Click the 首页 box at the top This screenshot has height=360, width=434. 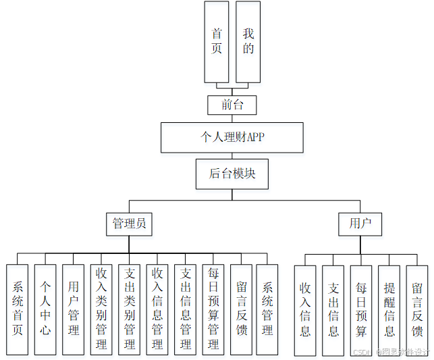pyautogui.click(x=217, y=41)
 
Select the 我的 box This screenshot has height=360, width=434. pyautogui.click(x=248, y=41)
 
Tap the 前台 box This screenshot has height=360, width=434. pyautogui.click(x=232, y=105)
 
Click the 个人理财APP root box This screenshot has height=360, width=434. pyautogui.click(x=232, y=137)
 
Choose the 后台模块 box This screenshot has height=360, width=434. pyautogui.click(x=232, y=174)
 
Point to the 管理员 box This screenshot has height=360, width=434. pyautogui.click(x=129, y=224)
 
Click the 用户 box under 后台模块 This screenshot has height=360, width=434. pyautogui.click(x=360, y=224)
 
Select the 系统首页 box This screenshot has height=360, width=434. pyautogui.click(x=18, y=309)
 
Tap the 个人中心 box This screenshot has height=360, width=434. pyautogui.click(x=45, y=309)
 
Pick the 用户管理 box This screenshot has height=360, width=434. pyautogui.click(x=74, y=309)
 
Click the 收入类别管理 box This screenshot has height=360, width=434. pyautogui.click(x=101, y=309)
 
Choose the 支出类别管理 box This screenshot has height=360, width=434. pyautogui.click(x=129, y=309)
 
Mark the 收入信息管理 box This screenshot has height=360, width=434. pyautogui.click(x=157, y=309)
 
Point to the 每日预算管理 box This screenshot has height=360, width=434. pyautogui.click(x=213, y=309)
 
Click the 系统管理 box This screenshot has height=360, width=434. pyautogui.click(x=267, y=309)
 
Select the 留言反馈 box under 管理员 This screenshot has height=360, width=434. pyautogui.click(x=241, y=309)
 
